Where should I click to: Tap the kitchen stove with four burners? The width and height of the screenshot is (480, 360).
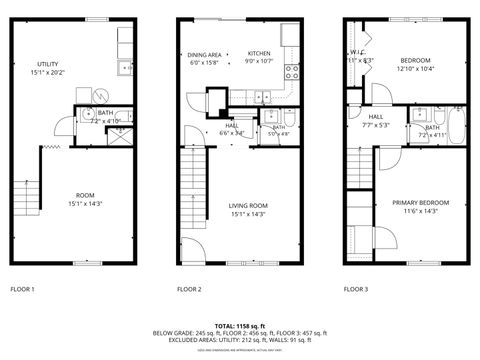coord(293,71)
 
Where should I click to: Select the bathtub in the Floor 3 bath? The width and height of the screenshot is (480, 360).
coord(458,126)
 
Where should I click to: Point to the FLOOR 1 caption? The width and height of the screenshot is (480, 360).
coord(22,289)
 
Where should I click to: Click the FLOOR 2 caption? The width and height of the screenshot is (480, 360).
coord(189,289)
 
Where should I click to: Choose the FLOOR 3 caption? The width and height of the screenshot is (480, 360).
coord(356,289)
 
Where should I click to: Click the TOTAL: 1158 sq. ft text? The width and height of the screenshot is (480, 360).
coord(239,325)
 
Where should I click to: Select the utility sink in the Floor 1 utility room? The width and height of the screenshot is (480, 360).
coord(125,68)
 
